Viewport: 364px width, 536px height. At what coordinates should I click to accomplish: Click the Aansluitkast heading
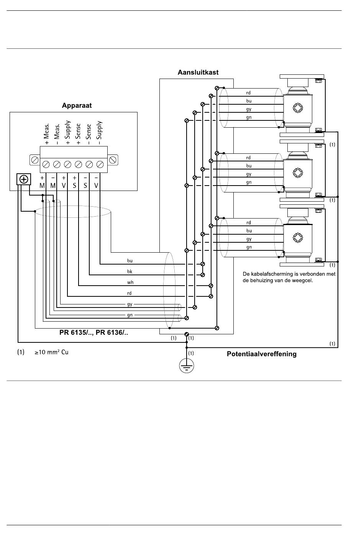pos(198,72)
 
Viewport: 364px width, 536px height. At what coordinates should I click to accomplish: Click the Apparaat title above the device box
pos(77,105)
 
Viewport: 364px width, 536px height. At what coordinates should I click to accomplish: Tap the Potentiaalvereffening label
pos(262,354)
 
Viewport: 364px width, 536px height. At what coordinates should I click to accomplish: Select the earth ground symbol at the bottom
pos(187,366)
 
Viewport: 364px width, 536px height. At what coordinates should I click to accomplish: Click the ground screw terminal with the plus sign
pos(24,179)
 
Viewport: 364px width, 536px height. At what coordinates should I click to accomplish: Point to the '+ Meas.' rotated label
pos(46,134)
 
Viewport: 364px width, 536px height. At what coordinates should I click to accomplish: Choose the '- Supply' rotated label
pos(99,133)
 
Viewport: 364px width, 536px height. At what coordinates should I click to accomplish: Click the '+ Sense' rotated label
pos(78,134)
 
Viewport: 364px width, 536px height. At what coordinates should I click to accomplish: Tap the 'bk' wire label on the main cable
pos(130,271)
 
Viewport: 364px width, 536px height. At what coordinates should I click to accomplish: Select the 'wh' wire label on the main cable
pos(130,282)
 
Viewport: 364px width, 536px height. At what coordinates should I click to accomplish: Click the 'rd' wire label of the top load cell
pos(248,93)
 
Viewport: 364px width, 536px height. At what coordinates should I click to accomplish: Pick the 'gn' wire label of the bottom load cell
pos(249,247)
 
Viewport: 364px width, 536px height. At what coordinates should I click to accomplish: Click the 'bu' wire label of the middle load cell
pos(249,166)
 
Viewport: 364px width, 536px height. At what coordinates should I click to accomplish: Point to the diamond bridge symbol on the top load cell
pos(298,107)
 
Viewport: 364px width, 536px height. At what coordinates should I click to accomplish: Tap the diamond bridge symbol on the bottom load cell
pos(298,238)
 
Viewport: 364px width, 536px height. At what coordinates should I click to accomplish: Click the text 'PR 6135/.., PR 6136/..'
pos(94,333)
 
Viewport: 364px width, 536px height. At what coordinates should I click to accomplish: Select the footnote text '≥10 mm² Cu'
pos(51,352)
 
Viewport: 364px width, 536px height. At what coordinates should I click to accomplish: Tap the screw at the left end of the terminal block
pos(35,160)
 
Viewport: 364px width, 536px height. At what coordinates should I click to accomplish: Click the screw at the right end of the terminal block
pos(112,160)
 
